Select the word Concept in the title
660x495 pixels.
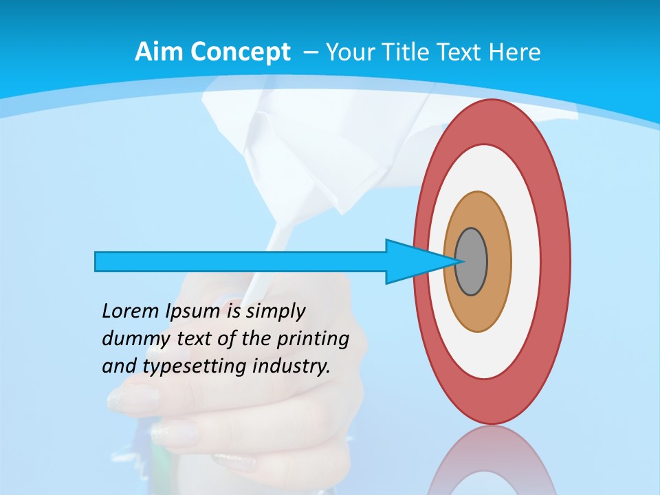(240, 53)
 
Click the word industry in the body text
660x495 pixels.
(291, 366)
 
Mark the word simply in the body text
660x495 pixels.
(275, 312)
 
